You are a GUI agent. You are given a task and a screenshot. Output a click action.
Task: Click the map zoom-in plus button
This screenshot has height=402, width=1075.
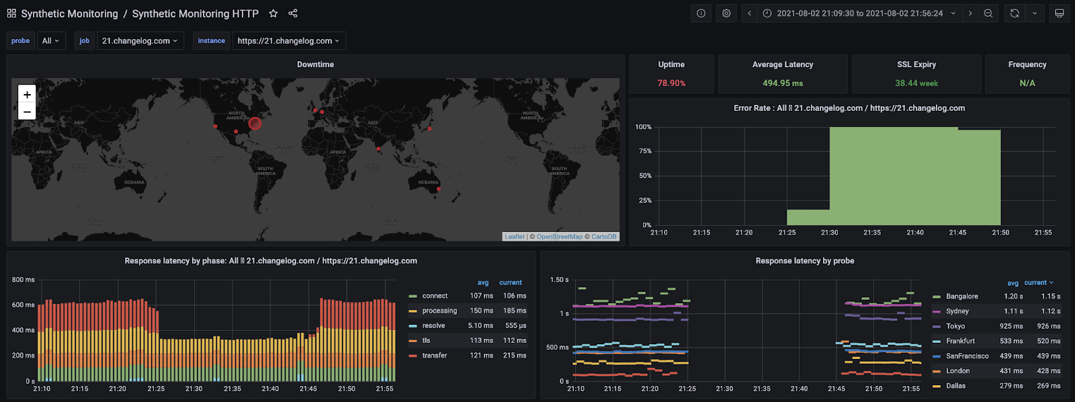pyautogui.click(x=27, y=94)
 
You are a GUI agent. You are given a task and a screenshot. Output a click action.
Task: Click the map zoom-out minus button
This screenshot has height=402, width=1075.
pyautogui.click(x=27, y=112)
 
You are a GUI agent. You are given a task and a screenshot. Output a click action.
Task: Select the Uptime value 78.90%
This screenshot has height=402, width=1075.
pyautogui.click(x=671, y=83)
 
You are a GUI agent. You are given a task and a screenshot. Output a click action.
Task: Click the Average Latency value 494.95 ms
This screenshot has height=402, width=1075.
pyautogui.click(x=783, y=83)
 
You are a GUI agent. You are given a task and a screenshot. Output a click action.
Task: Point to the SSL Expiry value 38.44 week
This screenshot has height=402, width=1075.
pyautogui.click(x=916, y=83)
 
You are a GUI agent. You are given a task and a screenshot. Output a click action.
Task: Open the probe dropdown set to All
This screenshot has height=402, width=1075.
pyautogui.click(x=51, y=41)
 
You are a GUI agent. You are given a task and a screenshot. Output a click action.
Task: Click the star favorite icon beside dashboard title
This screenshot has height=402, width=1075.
pyautogui.click(x=273, y=13)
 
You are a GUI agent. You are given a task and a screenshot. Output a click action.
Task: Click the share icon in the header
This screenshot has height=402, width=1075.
pyautogui.click(x=293, y=13)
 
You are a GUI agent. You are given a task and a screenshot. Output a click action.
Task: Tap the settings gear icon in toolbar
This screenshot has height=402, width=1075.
pyautogui.click(x=726, y=13)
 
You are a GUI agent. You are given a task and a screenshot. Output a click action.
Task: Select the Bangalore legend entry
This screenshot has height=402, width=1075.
pyautogui.click(x=961, y=296)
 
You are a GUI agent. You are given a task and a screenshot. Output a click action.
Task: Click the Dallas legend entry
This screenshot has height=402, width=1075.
pyautogui.click(x=955, y=386)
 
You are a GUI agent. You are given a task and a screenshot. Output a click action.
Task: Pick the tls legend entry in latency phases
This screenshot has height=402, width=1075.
pyautogui.click(x=426, y=341)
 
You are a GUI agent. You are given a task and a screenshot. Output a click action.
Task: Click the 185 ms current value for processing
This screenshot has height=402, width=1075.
pyautogui.click(x=514, y=311)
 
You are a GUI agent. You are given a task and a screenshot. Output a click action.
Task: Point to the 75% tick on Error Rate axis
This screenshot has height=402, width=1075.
pyautogui.click(x=645, y=151)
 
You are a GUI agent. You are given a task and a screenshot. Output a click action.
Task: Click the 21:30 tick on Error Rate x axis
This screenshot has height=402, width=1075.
pyautogui.click(x=829, y=233)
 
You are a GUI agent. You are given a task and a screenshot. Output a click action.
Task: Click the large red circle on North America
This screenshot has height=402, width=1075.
pyautogui.click(x=255, y=124)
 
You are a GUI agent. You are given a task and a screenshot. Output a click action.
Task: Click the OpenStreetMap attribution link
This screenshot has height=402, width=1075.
pyautogui.click(x=559, y=237)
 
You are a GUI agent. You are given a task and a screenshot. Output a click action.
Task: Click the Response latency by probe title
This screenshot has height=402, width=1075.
pyautogui.click(x=804, y=261)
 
